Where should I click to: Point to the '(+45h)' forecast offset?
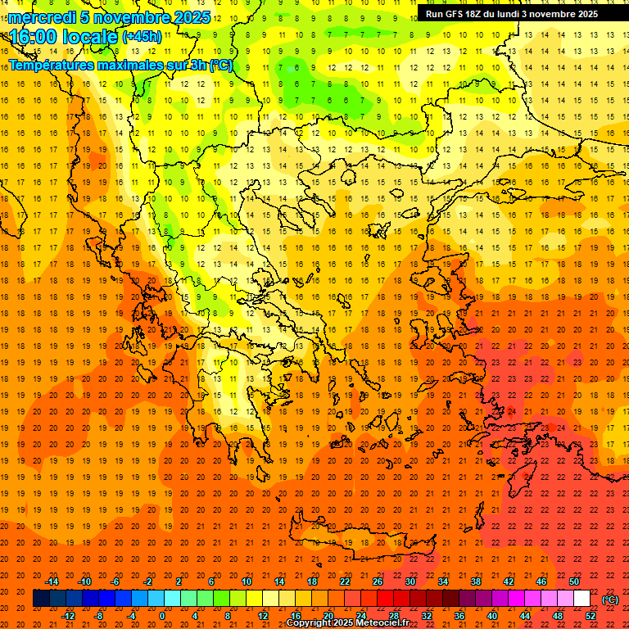(142, 37)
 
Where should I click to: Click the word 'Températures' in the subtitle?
(51, 65)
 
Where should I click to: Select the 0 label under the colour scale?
(162, 616)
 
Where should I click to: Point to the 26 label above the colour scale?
(378, 581)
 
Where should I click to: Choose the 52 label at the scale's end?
(591, 616)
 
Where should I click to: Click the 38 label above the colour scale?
(476, 581)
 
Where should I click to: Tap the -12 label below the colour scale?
(68, 616)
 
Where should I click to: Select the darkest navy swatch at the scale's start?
(41, 599)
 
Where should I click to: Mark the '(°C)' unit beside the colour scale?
(610, 600)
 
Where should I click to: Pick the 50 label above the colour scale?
(574, 581)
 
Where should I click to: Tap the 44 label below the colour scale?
(525, 616)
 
